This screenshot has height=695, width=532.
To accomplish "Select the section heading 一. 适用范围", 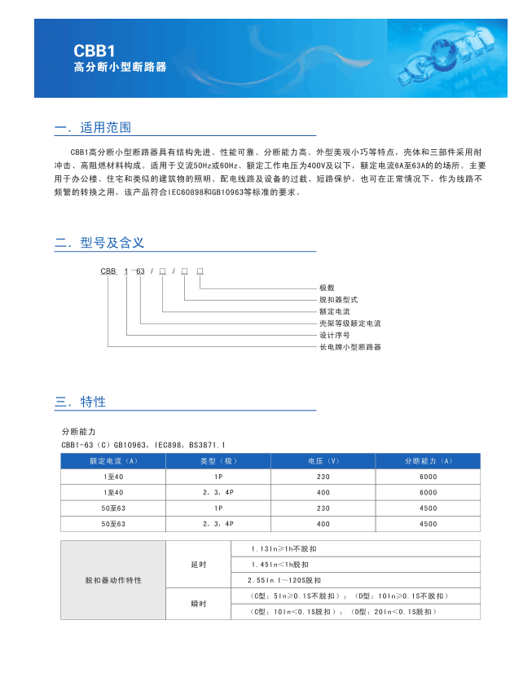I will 93,128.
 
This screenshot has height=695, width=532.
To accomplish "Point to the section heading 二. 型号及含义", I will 99,243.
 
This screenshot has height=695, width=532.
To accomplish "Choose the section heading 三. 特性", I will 81,402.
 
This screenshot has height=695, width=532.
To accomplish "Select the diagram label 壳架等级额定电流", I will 350,323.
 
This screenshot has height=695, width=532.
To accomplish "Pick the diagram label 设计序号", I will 334,335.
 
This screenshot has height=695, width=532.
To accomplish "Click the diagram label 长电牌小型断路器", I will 350,347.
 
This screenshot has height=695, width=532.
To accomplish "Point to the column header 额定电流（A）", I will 113,461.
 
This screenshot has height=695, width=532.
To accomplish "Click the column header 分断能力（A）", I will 428,461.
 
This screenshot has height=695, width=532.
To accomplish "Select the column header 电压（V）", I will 323,461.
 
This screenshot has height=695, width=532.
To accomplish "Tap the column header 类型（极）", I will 218,461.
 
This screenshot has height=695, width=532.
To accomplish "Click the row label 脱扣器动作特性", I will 113,580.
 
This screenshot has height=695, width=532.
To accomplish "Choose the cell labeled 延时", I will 199,565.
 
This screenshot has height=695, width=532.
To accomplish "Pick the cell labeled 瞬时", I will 199,604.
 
